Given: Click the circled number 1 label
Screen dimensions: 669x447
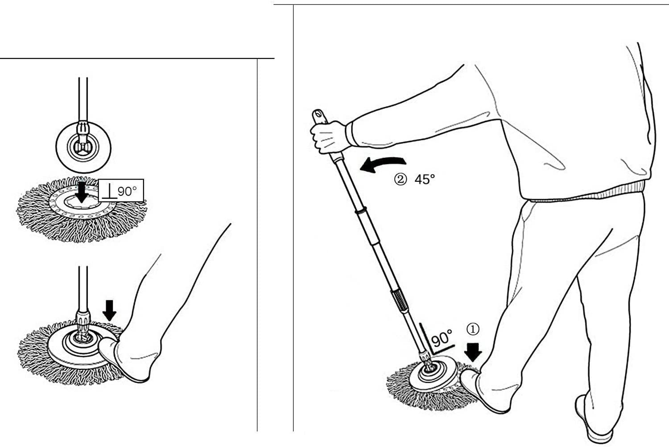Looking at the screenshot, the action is (x=473, y=329).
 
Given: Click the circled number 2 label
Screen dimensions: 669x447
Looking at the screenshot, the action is (x=400, y=179).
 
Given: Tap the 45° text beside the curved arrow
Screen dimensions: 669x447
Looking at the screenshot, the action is (x=425, y=179).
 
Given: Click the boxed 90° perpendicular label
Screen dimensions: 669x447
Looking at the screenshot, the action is (x=121, y=190).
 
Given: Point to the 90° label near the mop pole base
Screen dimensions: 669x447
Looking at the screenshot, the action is (x=442, y=338).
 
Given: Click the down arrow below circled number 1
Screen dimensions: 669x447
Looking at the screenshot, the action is (x=473, y=353).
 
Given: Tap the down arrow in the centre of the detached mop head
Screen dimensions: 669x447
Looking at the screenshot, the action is (x=82, y=193).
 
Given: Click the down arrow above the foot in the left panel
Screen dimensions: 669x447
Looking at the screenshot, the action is (x=109, y=310).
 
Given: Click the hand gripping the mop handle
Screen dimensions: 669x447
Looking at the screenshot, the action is (x=328, y=137).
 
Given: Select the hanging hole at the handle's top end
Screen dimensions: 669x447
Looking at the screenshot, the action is (x=317, y=114).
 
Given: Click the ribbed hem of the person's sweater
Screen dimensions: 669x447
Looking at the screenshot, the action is (x=585, y=194).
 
